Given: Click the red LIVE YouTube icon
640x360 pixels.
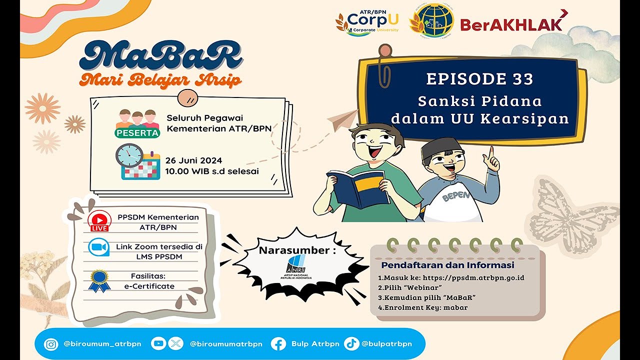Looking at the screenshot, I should (99, 221).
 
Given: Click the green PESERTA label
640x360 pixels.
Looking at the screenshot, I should (137, 133).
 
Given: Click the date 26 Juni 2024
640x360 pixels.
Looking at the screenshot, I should (194, 160).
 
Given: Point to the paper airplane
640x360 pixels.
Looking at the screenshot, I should (342, 120).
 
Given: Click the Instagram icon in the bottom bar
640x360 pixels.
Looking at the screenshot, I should (51, 344).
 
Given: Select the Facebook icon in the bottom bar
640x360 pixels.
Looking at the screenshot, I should (278, 344).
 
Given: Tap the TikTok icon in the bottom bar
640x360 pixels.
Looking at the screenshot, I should (351, 343).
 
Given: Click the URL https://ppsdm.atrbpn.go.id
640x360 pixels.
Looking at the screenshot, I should (473, 277).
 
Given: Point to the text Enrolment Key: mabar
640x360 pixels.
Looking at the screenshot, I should (422, 307).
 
